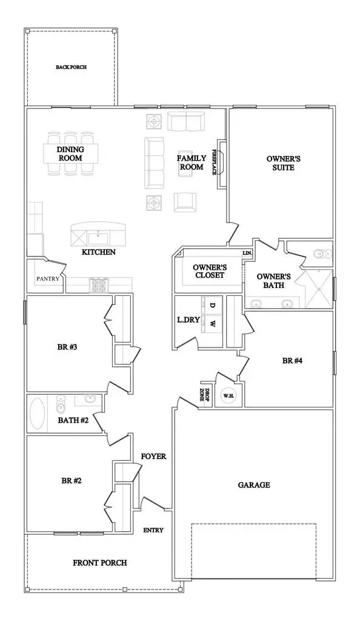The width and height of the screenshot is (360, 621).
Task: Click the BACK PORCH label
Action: tap(71, 67)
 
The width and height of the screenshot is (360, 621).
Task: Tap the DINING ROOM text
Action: tap(70, 154)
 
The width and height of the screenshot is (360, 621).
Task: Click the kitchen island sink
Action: tap(98, 235)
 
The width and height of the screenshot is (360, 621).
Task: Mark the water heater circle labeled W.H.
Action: tap(228, 396)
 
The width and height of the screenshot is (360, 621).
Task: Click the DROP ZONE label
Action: tap(207, 395)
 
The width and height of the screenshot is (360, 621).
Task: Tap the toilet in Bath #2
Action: tap(61, 403)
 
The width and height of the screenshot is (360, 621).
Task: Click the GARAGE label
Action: tap(253, 485)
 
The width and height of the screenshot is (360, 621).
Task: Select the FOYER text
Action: tap(153, 456)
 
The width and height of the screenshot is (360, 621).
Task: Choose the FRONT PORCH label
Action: tap(100, 563)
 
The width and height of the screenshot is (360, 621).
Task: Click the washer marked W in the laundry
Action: tap(212, 324)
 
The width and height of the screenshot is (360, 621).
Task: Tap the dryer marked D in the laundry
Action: tap(212, 305)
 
